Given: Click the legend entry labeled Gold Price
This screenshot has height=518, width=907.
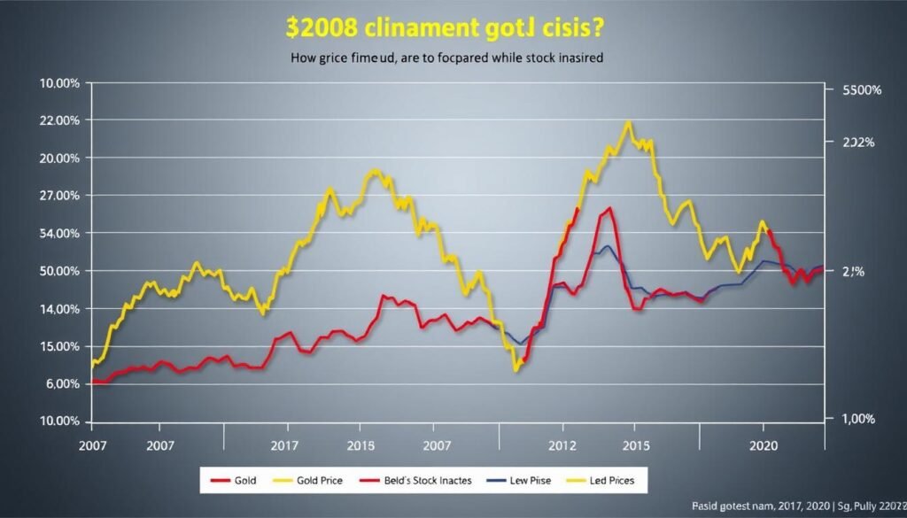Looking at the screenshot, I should [x=318, y=480].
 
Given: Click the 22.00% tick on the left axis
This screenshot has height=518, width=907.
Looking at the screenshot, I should [x=63, y=120].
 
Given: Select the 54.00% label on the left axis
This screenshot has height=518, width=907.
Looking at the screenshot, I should [x=63, y=234].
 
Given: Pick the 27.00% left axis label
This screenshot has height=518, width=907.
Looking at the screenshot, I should [x=63, y=196].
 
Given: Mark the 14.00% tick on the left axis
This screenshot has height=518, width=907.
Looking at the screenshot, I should [x=63, y=309].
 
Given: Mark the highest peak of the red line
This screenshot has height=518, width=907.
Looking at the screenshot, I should [x=609, y=209].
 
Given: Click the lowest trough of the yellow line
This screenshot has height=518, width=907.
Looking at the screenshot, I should [x=516, y=369].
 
